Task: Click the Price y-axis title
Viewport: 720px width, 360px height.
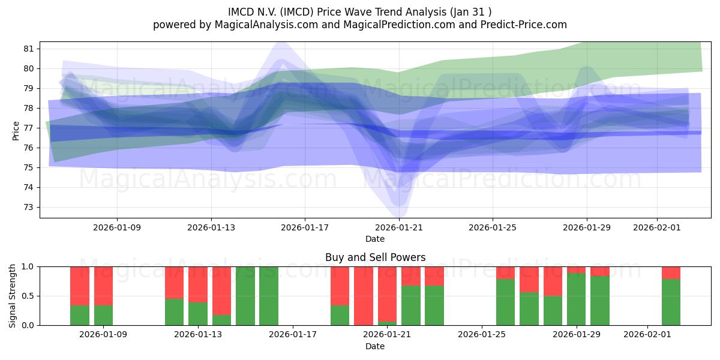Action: point(16,130)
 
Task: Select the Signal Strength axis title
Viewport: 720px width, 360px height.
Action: point(13,296)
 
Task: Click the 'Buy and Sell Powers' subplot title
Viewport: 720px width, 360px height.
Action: point(375,257)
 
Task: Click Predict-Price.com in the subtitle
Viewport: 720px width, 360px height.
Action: point(521,25)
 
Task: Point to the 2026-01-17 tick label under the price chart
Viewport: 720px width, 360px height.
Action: point(305,227)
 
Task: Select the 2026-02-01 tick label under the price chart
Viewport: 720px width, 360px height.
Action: point(657,227)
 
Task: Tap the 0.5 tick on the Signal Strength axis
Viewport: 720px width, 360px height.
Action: point(29,296)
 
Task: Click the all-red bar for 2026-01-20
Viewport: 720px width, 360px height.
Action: point(364,296)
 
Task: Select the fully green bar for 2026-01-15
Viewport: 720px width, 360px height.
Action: point(245,296)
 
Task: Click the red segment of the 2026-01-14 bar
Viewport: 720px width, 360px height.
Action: point(222,290)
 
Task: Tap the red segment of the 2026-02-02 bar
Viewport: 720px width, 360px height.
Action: point(671,272)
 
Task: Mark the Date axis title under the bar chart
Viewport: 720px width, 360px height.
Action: point(375,346)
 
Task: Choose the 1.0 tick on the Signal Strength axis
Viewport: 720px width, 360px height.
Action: point(29,266)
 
